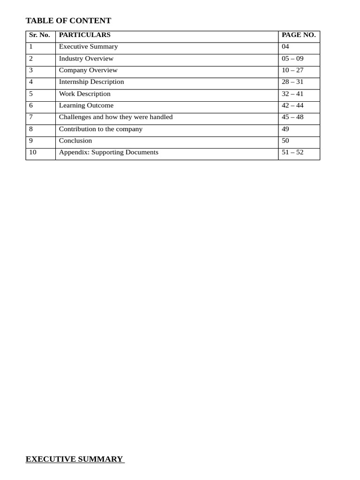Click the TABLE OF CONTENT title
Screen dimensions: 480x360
pyautogui.click(x=68, y=21)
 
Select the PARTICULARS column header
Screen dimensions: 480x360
pyautogui.click(x=85, y=35)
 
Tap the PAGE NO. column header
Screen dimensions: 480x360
pyautogui.click(x=299, y=35)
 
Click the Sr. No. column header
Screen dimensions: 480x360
pyautogui.click(x=39, y=35)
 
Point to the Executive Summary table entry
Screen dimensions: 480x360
pyautogui.click(x=88, y=47)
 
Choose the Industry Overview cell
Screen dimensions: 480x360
pyautogui.click(x=86, y=59)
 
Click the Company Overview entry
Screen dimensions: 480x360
pyautogui.click(x=88, y=70)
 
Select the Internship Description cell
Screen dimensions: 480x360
pyautogui.click(x=91, y=82)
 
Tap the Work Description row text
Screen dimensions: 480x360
pyautogui.click(x=85, y=94)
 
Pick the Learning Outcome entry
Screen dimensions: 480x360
pyautogui.click(x=86, y=105)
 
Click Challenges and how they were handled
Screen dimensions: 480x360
pyautogui.click(x=116, y=117)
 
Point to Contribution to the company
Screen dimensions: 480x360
pyautogui.click(x=101, y=129)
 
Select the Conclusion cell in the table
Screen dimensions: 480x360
pyautogui.click(x=75, y=141)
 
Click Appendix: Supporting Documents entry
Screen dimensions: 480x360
pyautogui.click(x=109, y=152)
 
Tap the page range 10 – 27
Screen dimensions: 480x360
pyautogui.click(x=292, y=70)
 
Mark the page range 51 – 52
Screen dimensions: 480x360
pyautogui.click(x=292, y=152)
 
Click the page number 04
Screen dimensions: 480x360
pyautogui.click(x=285, y=47)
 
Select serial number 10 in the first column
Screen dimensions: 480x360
pyautogui.click(x=33, y=152)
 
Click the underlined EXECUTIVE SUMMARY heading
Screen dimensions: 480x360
pyautogui.click(x=75, y=459)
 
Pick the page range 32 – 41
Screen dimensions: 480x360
pyautogui.click(x=292, y=94)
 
